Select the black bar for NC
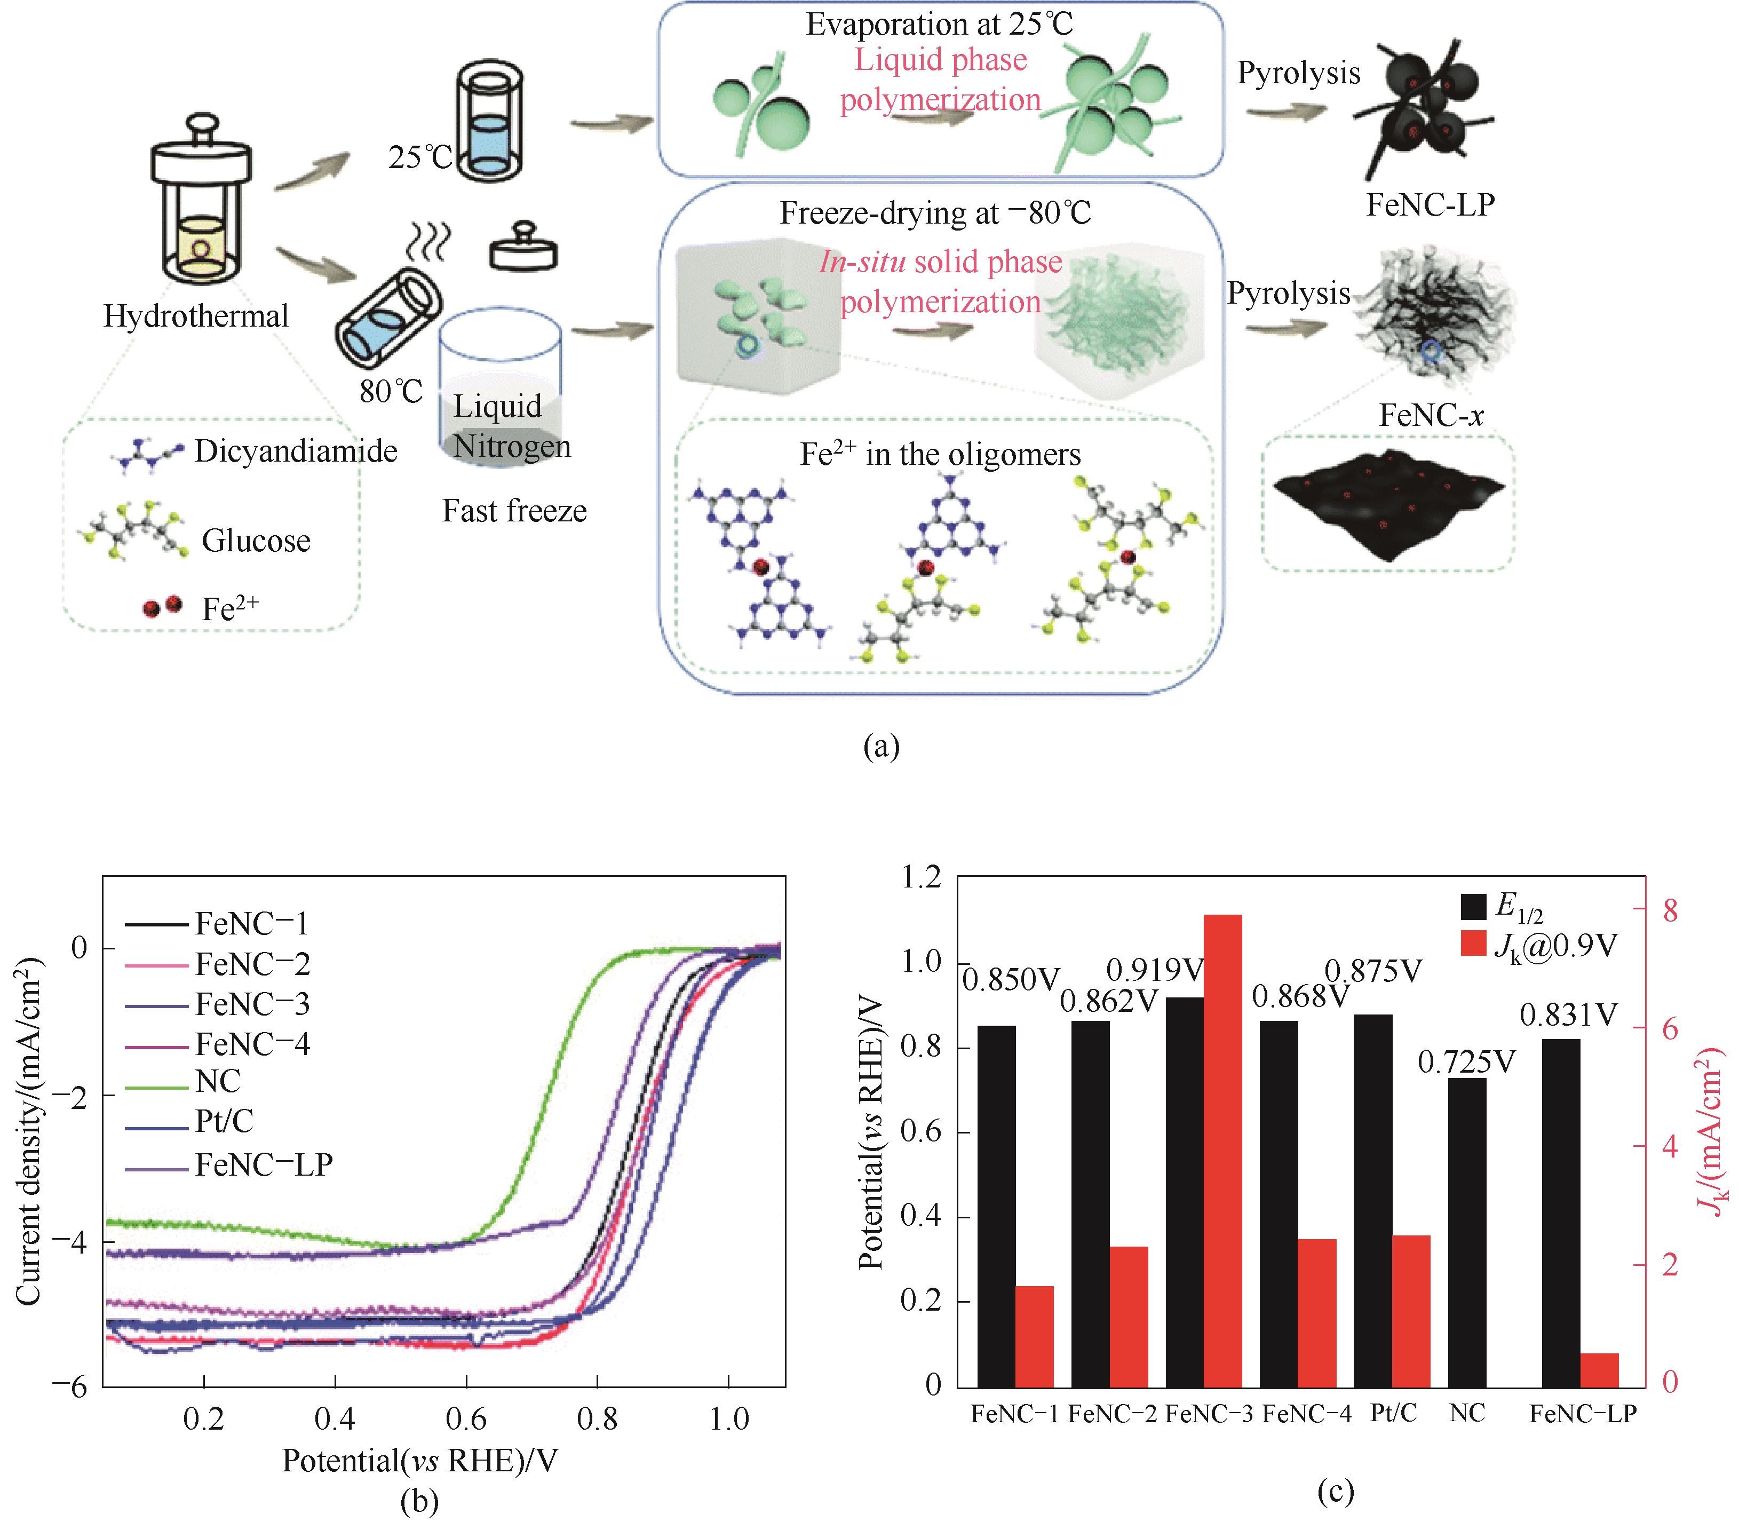click(x=1467, y=1232)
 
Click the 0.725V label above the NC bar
click(x=1466, y=1061)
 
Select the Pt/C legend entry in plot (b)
click(x=224, y=1121)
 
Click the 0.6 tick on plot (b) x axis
click(x=466, y=1418)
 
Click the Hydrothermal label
click(x=196, y=316)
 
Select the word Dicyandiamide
click(x=296, y=451)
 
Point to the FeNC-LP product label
click(x=1430, y=205)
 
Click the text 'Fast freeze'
click(x=514, y=511)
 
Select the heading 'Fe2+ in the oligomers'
click(x=940, y=454)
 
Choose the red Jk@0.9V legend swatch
click(x=1473, y=944)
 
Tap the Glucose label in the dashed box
click(x=256, y=540)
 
